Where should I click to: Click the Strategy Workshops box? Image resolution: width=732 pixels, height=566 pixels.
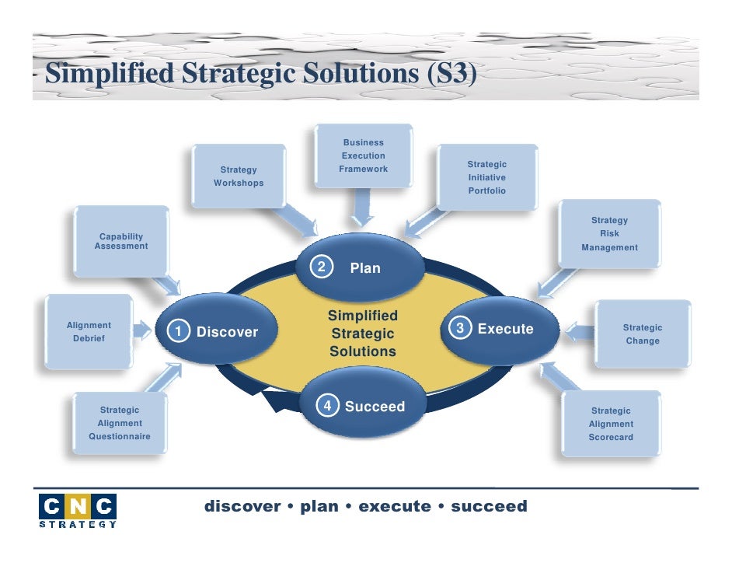[238, 176]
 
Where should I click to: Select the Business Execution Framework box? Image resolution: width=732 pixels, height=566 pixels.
[363, 156]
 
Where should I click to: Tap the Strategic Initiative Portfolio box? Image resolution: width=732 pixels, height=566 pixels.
[486, 177]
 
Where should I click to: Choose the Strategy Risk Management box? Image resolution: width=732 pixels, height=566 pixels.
[609, 234]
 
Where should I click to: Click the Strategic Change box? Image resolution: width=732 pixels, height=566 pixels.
[642, 334]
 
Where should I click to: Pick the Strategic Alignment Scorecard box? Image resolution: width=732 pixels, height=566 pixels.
[611, 424]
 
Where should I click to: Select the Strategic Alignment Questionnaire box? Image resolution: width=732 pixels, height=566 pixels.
[120, 423]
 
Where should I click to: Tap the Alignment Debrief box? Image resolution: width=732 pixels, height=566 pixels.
[89, 332]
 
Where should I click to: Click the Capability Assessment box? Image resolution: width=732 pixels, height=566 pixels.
[121, 241]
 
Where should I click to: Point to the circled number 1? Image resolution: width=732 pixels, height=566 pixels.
[179, 332]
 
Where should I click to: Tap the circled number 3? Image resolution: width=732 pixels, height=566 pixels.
[460, 329]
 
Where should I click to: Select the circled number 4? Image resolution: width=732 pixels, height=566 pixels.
[328, 406]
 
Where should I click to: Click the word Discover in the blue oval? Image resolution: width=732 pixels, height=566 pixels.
[227, 332]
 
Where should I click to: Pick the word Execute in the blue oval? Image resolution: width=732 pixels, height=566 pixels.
[505, 329]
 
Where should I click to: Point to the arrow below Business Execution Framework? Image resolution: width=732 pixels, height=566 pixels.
[363, 208]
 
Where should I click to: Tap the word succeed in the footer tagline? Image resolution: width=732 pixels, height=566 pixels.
[489, 507]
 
